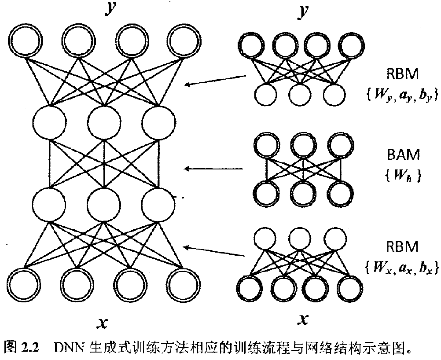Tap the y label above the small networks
pos(301,11)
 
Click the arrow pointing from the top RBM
pos(216,80)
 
